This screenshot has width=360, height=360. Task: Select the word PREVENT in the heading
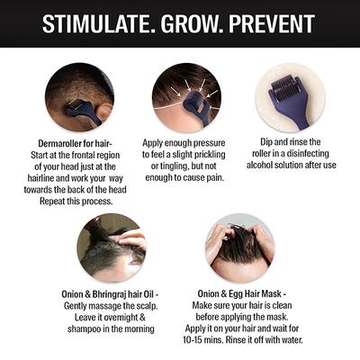[274, 22]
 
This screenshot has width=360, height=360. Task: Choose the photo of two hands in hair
[238, 247]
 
